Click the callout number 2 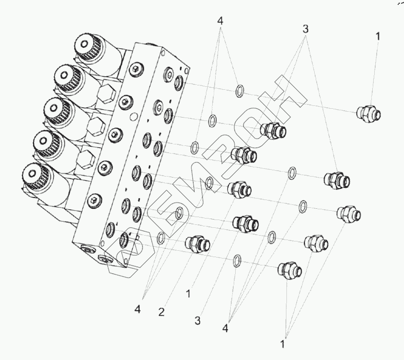pyautogui.click(x=162, y=312)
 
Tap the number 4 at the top pyautogui.click(x=220, y=21)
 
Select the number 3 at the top pyautogui.click(x=305, y=29)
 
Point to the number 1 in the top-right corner pyautogui.click(x=378, y=36)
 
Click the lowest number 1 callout pyautogui.click(x=283, y=344)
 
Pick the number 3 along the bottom pyautogui.click(x=197, y=320)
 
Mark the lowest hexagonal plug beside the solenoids pyautogui.click(x=85, y=160)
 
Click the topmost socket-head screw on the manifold pyautogui.click(x=136, y=69)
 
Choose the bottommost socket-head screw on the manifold pyautogui.click(x=94, y=200)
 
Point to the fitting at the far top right pyautogui.click(x=369, y=114)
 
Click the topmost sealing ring pyautogui.click(x=240, y=91)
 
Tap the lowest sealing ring pyautogui.click(x=237, y=261)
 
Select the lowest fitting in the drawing pyautogui.click(x=290, y=270)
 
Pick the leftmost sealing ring pyautogui.click(x=161, y=238)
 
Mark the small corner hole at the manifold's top pyautogui.click(x=162, y=53)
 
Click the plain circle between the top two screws pyautogui.click(x=134, y=117)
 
